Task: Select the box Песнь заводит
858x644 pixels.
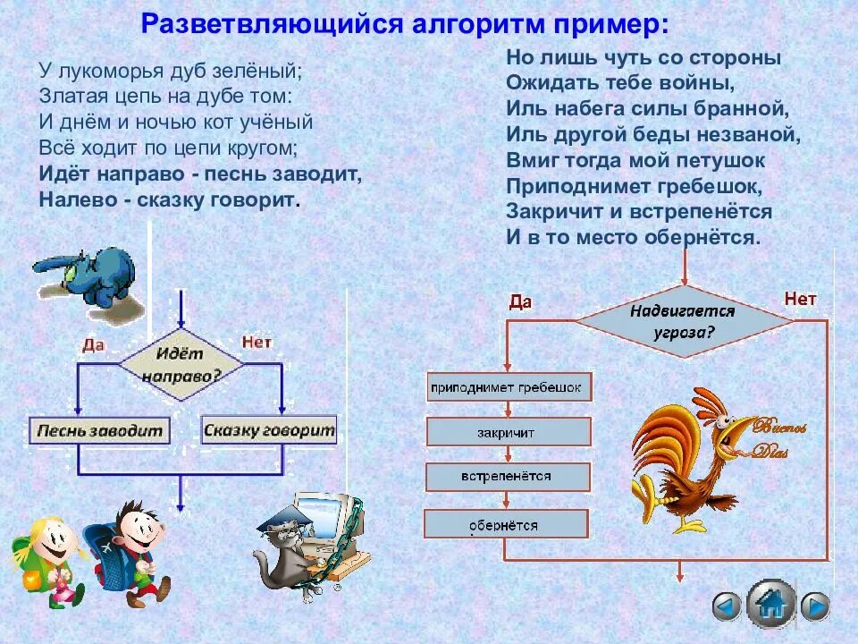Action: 98,430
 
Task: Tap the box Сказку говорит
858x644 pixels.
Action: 269,430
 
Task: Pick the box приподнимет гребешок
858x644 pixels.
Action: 507,388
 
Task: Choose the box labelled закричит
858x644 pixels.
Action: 507,432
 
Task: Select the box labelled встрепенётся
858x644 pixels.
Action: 507,477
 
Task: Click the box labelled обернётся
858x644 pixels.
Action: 505,524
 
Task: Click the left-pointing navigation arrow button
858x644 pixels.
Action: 726,606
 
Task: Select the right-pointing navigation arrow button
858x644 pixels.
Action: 814,606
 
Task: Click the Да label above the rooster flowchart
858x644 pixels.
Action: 520,301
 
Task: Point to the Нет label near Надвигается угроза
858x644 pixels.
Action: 800,299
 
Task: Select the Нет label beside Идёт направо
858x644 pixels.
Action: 257,342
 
